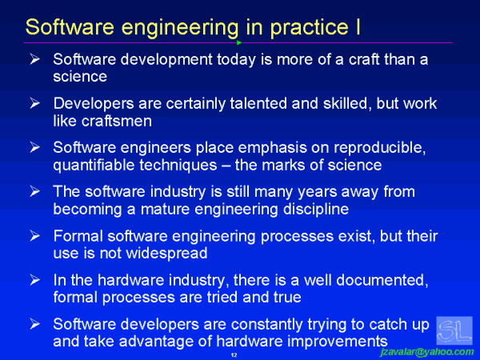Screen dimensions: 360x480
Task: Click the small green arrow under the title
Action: [x=239, y=42]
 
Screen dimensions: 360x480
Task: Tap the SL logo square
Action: [x=454, y=330]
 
